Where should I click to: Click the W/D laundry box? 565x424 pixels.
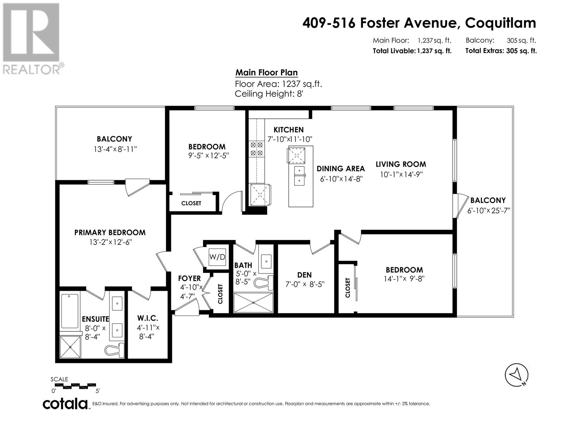[217, 257]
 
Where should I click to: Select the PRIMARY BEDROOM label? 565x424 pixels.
[110, 232]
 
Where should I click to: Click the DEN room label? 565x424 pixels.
[304, 275]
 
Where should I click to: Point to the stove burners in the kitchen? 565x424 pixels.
[257, 149]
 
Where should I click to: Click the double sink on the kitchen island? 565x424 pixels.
[299, 176]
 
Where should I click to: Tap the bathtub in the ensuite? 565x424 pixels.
[70, 311]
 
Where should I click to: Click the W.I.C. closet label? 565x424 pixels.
[148, 318]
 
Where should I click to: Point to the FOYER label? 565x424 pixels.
[189, 278]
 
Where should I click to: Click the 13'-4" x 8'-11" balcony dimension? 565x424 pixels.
[115, 149]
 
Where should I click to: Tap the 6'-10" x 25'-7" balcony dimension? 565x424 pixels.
[489, 211]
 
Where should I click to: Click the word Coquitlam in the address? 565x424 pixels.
[500, 23]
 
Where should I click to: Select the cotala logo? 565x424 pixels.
[65, 404]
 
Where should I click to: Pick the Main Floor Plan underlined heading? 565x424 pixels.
[267, 73]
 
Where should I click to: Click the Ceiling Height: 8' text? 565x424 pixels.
[269, 94]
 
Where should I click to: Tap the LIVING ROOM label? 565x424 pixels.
[401, 164]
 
